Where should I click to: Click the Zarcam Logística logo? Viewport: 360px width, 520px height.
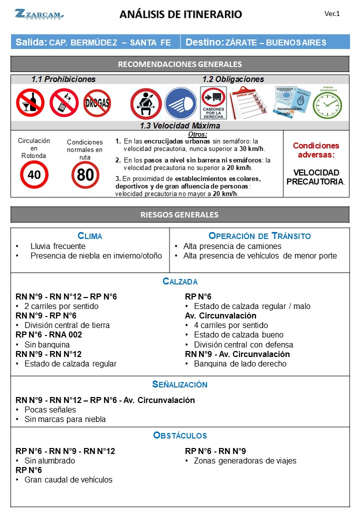(x=38, y=14)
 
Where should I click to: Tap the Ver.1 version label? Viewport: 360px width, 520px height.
(x=332, y=14)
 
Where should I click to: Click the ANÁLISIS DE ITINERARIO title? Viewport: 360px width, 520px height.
(x=180, y=14)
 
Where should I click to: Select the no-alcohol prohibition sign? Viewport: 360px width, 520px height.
(x=30, y=102)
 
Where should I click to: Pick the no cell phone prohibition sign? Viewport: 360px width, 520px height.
(x=64, y=102)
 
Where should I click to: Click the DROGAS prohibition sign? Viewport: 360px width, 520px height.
(x=97, y=103)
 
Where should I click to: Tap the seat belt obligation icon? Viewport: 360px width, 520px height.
(x=145, y=103)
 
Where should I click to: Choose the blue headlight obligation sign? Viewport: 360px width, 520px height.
(x=180, y=103)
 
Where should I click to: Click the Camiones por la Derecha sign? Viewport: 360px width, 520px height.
(x=213, y=103)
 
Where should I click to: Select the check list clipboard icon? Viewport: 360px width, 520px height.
(x=248, y=102)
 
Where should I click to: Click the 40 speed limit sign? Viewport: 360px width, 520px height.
(x=34, y=174)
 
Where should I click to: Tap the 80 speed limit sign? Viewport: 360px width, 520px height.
(x=85, y=175)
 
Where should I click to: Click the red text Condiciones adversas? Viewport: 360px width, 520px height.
(x=315, y=150)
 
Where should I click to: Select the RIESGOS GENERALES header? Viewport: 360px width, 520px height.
(x=180, y=214)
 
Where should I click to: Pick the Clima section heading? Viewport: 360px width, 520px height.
(x=90, y=236)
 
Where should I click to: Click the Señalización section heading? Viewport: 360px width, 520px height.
(x=180, y=384)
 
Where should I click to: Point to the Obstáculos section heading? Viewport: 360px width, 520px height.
(x=180, y=435)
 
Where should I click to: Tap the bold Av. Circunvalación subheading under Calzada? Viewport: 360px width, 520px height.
(x=220, y=315)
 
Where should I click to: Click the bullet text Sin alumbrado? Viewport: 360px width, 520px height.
(x=49, y=460)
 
